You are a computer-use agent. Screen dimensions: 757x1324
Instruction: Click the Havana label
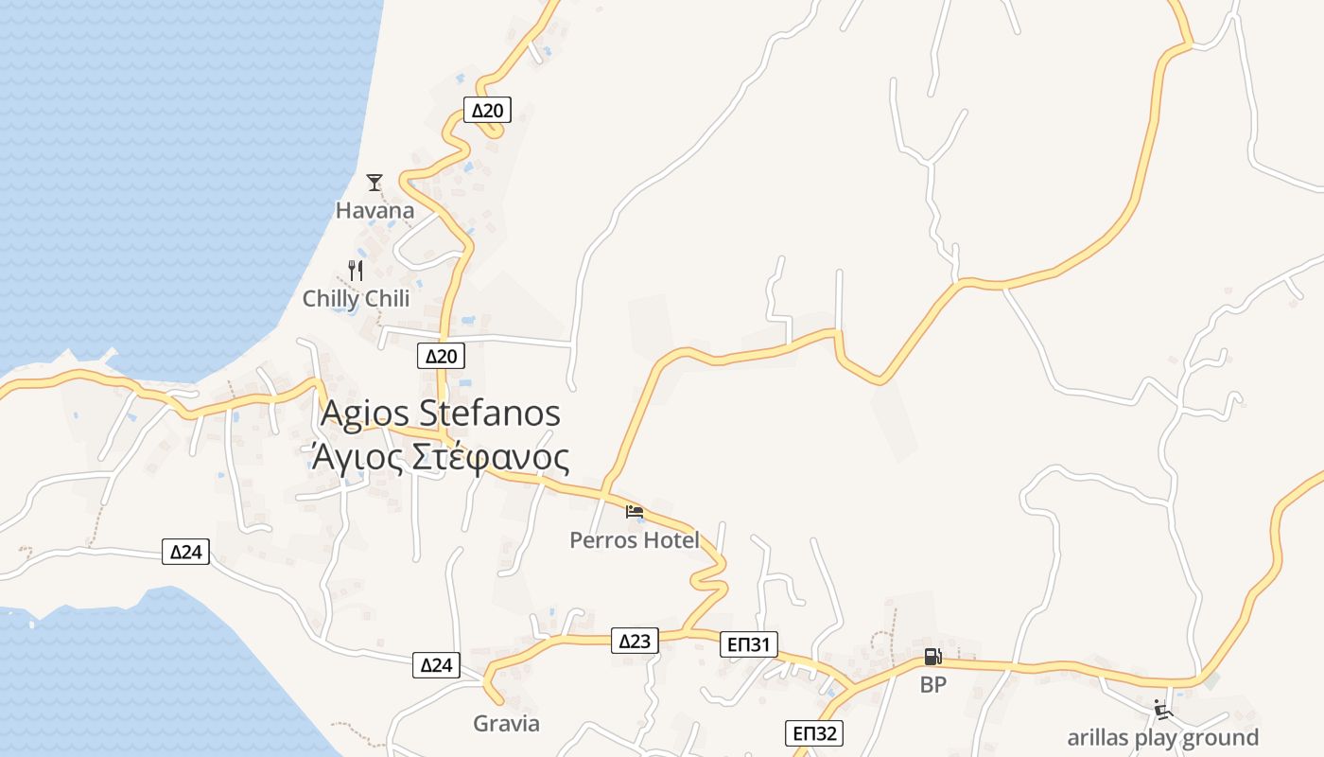(x=375, y=210)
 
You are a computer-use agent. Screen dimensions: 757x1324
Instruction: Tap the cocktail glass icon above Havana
(x=375, y=182)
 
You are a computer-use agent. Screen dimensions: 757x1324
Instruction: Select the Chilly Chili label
(x=356, y=299)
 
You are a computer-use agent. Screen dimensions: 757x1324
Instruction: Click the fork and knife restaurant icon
(x=356, y=271)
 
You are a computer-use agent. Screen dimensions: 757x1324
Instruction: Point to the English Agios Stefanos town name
(x=441, y=414)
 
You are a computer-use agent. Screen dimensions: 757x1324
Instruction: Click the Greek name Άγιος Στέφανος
(x=441, y=457)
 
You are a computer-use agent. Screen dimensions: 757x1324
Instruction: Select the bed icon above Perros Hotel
(x=635, y=512)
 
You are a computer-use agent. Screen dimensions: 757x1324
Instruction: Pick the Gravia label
(x=507, y=724)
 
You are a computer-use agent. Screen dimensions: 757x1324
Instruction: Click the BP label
(x=932, y=685)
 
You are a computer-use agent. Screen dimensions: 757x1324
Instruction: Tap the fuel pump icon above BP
(x=932, y=656)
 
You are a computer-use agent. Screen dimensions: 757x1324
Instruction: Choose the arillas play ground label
(x=1162, y=738)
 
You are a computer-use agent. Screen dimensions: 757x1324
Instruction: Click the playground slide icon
(x=1162, y=709)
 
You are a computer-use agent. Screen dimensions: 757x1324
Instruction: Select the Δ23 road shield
(x=635, y=641)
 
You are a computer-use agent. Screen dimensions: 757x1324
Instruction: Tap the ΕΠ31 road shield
(x=748, y=645)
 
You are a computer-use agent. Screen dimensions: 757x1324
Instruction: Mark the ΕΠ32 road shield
(x=813, y=733)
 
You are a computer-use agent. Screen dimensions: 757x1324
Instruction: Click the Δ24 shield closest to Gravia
(x=437, y=665)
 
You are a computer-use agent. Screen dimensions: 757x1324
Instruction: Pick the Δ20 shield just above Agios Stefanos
(x=441, y=356)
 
